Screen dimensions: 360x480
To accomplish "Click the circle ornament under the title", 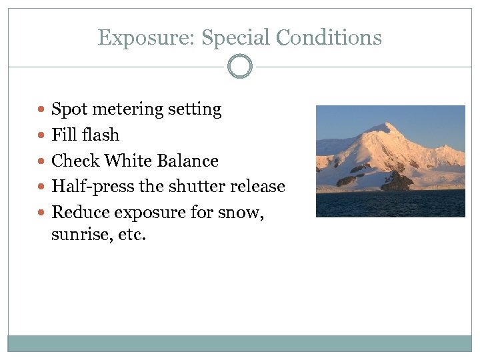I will click(240, 67).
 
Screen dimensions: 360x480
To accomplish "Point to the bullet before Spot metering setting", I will click(43, 109).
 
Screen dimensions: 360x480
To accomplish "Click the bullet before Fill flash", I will click(43, 135).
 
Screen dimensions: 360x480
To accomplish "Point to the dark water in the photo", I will click(390, 204).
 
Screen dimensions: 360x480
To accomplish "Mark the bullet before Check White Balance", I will click(43, 161).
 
